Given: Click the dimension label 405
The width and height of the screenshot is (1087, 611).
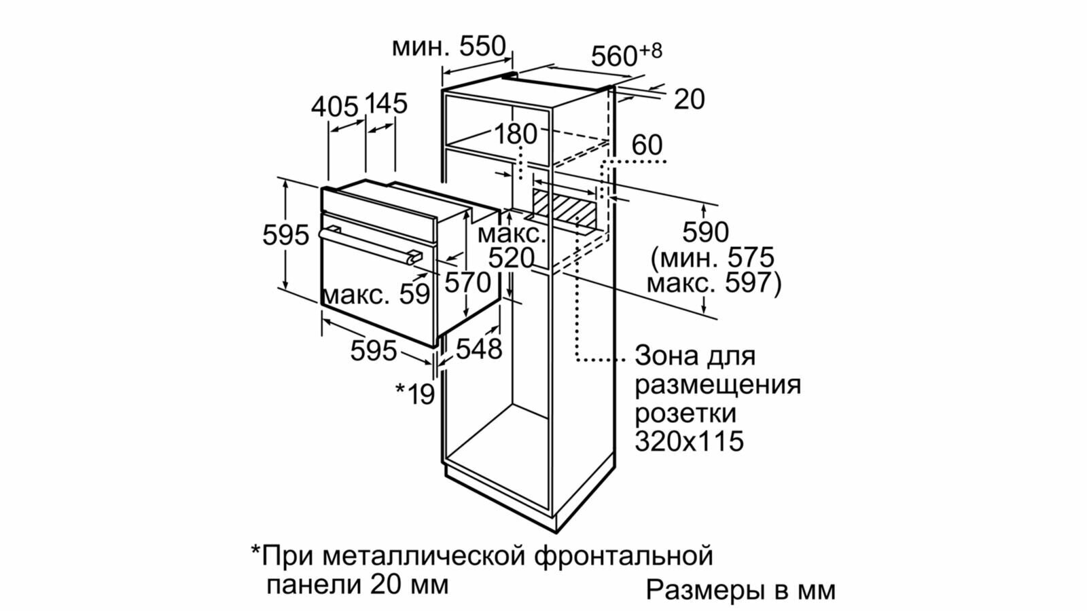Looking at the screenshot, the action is [x=335, y=106].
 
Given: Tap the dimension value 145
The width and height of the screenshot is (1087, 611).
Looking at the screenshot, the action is [x=387, y=103].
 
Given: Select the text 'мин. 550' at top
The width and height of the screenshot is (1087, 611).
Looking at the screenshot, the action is [x=449, y=47].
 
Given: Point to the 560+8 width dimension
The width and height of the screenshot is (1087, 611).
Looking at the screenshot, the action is [x=626, y=54].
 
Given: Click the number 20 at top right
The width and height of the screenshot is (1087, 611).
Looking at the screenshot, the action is [x=690, y=100].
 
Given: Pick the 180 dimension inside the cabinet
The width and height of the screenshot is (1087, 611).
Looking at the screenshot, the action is [x=516, y=134].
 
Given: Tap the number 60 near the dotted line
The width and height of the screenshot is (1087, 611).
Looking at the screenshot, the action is [x=647, y=145].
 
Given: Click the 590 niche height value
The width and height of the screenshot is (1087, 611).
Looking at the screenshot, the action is [x=706, y=233].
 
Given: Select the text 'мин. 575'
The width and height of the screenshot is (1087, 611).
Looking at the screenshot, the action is [x=712, y=258].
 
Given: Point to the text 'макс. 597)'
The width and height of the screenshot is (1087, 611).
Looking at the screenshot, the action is [x=714, y=283].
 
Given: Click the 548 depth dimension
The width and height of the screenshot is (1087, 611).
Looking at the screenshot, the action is [x=478, y=349].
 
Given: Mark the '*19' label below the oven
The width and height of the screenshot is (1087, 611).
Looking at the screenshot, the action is [x=415, y=393].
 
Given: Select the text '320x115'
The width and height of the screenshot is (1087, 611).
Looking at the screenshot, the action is [x=690, y=441].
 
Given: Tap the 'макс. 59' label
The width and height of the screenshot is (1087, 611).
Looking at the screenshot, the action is [x=376, y=295].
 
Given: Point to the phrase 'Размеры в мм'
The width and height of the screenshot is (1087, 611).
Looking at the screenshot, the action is [x=741, y=590].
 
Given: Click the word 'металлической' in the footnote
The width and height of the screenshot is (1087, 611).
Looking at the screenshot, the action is [x=424, y=556].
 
